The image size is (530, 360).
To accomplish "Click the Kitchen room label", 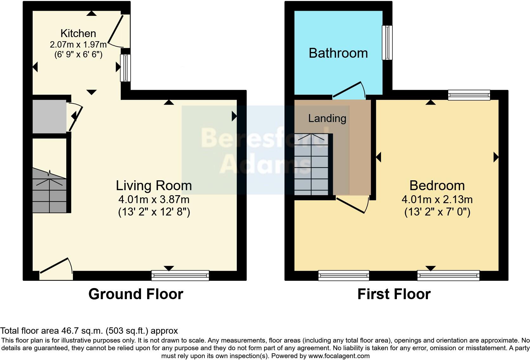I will [x=78, y=33].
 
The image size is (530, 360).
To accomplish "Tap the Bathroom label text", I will [x=338, y=53].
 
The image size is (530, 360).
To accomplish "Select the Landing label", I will [x=327, y=118].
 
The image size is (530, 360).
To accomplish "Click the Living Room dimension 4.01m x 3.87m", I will [x=154, y=200].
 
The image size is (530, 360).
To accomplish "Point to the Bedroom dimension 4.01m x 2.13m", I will [x=437, y=200].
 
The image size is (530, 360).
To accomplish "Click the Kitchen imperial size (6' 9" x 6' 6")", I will [x=78, y=55].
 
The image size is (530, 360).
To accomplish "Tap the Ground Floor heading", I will [x=136, y=294].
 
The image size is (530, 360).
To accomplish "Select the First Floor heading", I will [x=394, y=294].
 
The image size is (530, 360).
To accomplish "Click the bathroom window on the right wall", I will [x=387, y=42].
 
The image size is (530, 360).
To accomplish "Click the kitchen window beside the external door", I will [x=126, y=68].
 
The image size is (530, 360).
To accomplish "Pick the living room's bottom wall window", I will [x=180, y=275].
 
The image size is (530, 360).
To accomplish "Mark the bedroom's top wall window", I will [x=469, y=95].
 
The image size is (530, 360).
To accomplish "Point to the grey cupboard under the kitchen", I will [x=49, y=117].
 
